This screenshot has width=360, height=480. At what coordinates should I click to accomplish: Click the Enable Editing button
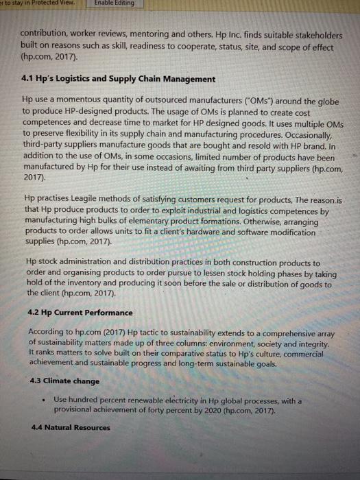tap(114, 4)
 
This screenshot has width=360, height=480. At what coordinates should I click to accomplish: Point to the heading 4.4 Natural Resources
tap(70, 428)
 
